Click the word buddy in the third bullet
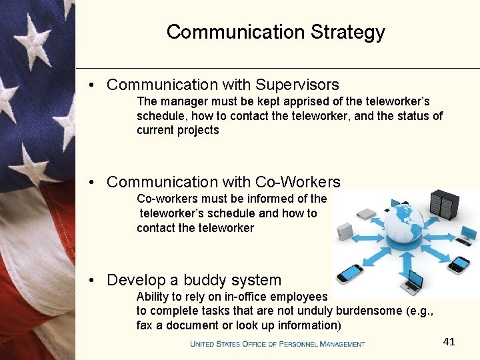coord(202,280)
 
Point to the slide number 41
coord(449,341)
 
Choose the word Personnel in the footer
coord(291,344)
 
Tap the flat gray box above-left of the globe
coord(367,214)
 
